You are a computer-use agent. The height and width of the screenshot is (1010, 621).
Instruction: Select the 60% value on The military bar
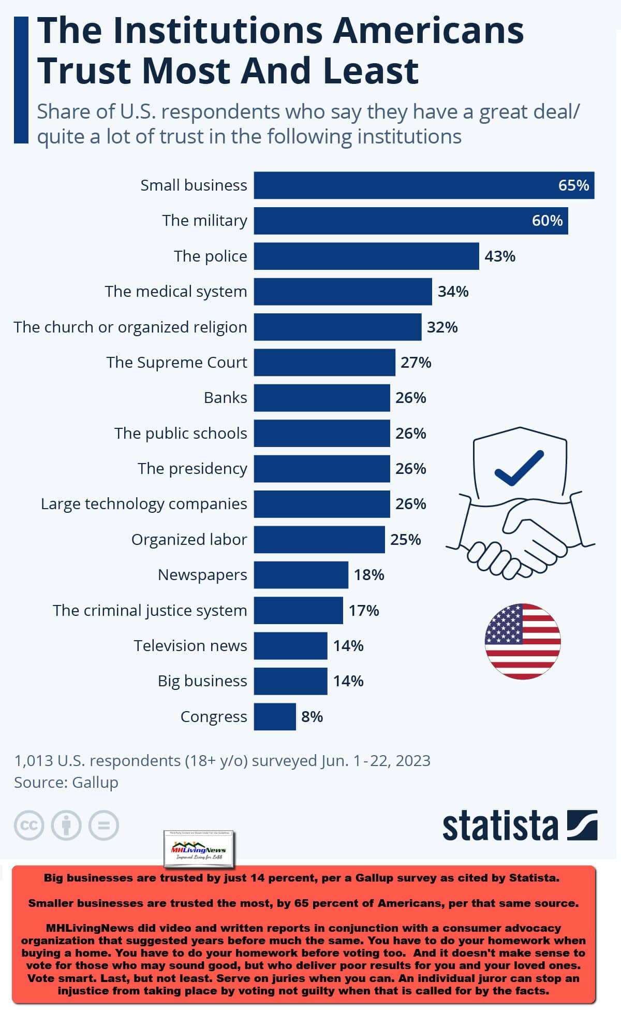[x=547, y=221]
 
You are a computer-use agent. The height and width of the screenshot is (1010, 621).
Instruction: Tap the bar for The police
[x=366, y=256]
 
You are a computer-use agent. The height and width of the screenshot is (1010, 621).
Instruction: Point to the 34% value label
[x=453, y=292]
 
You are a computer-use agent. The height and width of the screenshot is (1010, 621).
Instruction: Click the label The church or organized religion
[x=130, y=327]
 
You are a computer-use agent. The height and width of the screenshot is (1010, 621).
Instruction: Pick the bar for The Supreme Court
[x=324, y=363]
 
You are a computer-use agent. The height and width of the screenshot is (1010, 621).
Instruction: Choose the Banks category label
[x=225, y=398]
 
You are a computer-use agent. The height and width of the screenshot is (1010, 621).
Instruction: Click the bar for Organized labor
[x=319, y=540]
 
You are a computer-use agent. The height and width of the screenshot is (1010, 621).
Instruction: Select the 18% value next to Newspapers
[x=368, y=575]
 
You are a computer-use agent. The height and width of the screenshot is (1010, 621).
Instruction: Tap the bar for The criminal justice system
[x=298, y=611]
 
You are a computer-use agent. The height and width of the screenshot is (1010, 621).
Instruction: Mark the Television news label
[x=190, y=646]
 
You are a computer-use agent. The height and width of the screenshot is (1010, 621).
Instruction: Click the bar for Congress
[x=274, y=717]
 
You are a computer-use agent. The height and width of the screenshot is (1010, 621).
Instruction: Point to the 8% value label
[x=312, y=717]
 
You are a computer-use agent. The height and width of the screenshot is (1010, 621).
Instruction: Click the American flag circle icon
[x=523, y=641]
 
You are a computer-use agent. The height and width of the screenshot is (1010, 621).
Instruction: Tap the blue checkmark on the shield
[x=519, y=468]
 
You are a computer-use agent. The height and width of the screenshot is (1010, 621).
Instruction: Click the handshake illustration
[x=517, y=539]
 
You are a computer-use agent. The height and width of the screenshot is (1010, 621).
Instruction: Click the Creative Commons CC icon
[x=29, y=825]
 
